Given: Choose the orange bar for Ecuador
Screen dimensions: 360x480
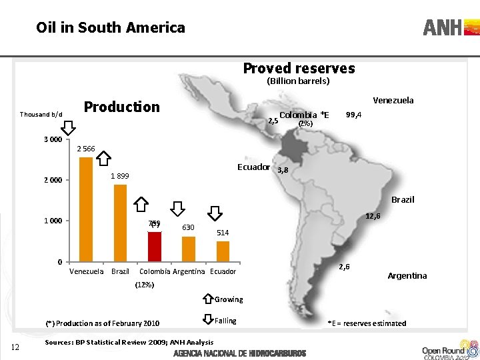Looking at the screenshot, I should click(x=223, y=251).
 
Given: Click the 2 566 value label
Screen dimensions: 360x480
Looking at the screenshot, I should click(x=87, y=149).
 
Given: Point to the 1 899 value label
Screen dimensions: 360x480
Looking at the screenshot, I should click(x=121, y=175).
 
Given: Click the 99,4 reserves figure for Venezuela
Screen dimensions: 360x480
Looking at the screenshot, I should click(x=353, y=115).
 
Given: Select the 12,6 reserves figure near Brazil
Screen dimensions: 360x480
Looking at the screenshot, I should click(x=373, y=216).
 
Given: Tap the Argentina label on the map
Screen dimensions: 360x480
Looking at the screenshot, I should click(x=407, y=276).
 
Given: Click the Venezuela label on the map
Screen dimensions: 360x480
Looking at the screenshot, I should click(x=393, y=101).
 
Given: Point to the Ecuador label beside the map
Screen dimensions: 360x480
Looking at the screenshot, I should click(x=253, y=167).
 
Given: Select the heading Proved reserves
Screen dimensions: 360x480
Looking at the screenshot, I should click(x=299, y=68).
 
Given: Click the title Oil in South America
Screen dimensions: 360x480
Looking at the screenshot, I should click(x=111, y=27).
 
